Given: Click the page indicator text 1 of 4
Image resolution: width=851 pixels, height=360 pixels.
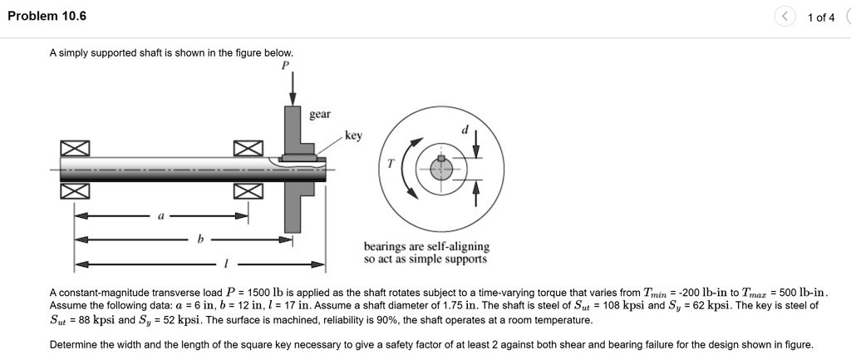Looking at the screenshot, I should [820, 17].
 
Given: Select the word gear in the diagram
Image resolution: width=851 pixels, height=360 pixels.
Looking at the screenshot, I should [320, 114].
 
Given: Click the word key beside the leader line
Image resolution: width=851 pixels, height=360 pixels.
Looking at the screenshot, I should [353, 136].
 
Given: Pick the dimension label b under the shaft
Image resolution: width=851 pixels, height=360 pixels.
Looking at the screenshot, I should [199, 239].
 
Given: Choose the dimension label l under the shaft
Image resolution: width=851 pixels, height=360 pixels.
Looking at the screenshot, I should [224, 264].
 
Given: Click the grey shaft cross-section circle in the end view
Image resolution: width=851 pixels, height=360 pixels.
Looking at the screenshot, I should [442, 169].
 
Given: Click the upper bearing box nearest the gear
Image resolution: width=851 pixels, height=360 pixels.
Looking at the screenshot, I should [248, 148].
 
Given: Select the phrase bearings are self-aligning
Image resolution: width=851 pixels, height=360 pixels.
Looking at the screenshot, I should [426, 247].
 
